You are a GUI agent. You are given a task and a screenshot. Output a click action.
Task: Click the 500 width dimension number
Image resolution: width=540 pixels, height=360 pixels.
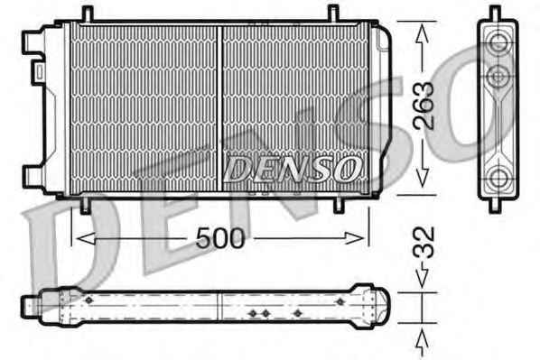[220, 238]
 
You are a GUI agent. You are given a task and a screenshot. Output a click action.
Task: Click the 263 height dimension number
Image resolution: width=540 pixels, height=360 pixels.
[424, 106]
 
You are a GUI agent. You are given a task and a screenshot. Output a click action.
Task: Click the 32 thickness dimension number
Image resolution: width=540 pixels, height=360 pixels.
[424, 243]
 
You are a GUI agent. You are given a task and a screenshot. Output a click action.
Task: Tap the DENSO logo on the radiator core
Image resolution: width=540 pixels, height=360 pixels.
[293, 169]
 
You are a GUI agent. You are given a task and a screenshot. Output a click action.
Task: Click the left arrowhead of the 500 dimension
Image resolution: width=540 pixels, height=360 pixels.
[86, 238]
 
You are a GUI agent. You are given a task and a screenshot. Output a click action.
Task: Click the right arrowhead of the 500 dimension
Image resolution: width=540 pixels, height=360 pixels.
[354, 238]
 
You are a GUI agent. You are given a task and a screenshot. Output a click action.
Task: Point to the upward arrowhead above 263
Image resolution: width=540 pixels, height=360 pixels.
[423, 35]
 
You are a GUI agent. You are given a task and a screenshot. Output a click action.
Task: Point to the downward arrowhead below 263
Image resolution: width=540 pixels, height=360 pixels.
[423, 178]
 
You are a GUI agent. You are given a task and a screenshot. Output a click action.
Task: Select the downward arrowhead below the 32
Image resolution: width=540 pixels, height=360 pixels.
[423, 278]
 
